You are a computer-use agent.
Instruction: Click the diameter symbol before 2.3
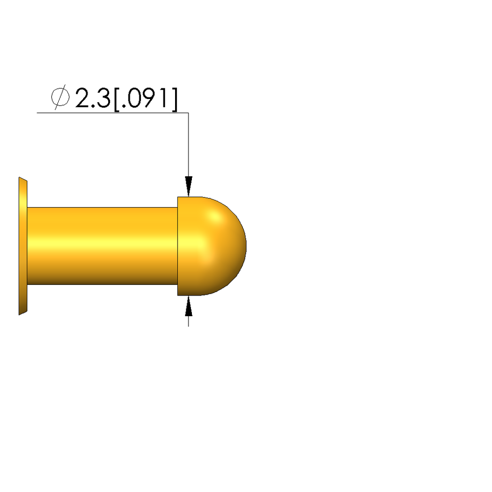click(x=60, y=97)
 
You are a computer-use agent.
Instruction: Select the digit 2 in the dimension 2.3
click(x=83, y=98)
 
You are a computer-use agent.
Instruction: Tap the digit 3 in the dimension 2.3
click(x=103, y=98)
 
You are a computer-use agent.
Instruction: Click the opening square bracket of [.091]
click(x=116, y=99)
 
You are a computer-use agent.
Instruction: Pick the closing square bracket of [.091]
click(x=175, y=99)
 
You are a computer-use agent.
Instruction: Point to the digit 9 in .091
click(x=151, y=98)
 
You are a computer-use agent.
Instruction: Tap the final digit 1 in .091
click(x=164, y=98)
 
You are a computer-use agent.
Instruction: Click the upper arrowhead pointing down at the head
click(x=189, y=186)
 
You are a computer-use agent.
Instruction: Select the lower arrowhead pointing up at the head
click(x=189, y=306)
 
